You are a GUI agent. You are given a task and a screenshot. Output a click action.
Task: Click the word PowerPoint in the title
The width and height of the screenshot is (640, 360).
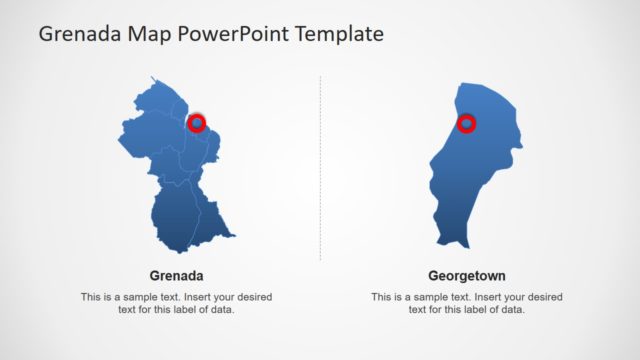coord(225,34)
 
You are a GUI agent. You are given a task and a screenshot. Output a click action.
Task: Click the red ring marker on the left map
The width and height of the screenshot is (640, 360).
coord(197,123)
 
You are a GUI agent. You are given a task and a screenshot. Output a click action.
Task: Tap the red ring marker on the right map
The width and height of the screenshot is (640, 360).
coord(466,124)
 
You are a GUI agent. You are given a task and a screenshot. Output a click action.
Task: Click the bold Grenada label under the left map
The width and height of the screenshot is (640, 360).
coord(176,275)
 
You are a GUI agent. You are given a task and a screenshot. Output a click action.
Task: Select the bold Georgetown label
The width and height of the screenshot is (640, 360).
coord(467,275)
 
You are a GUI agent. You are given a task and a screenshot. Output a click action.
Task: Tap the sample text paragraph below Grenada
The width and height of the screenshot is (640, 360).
coord(176,303)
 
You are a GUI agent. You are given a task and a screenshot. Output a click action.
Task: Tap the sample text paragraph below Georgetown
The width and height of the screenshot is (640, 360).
coord(467,303)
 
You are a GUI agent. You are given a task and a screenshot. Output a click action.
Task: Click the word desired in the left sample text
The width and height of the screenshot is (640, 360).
coord(252,297)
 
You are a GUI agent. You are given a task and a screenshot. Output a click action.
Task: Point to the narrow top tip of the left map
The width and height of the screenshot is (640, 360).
coord(153,79)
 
